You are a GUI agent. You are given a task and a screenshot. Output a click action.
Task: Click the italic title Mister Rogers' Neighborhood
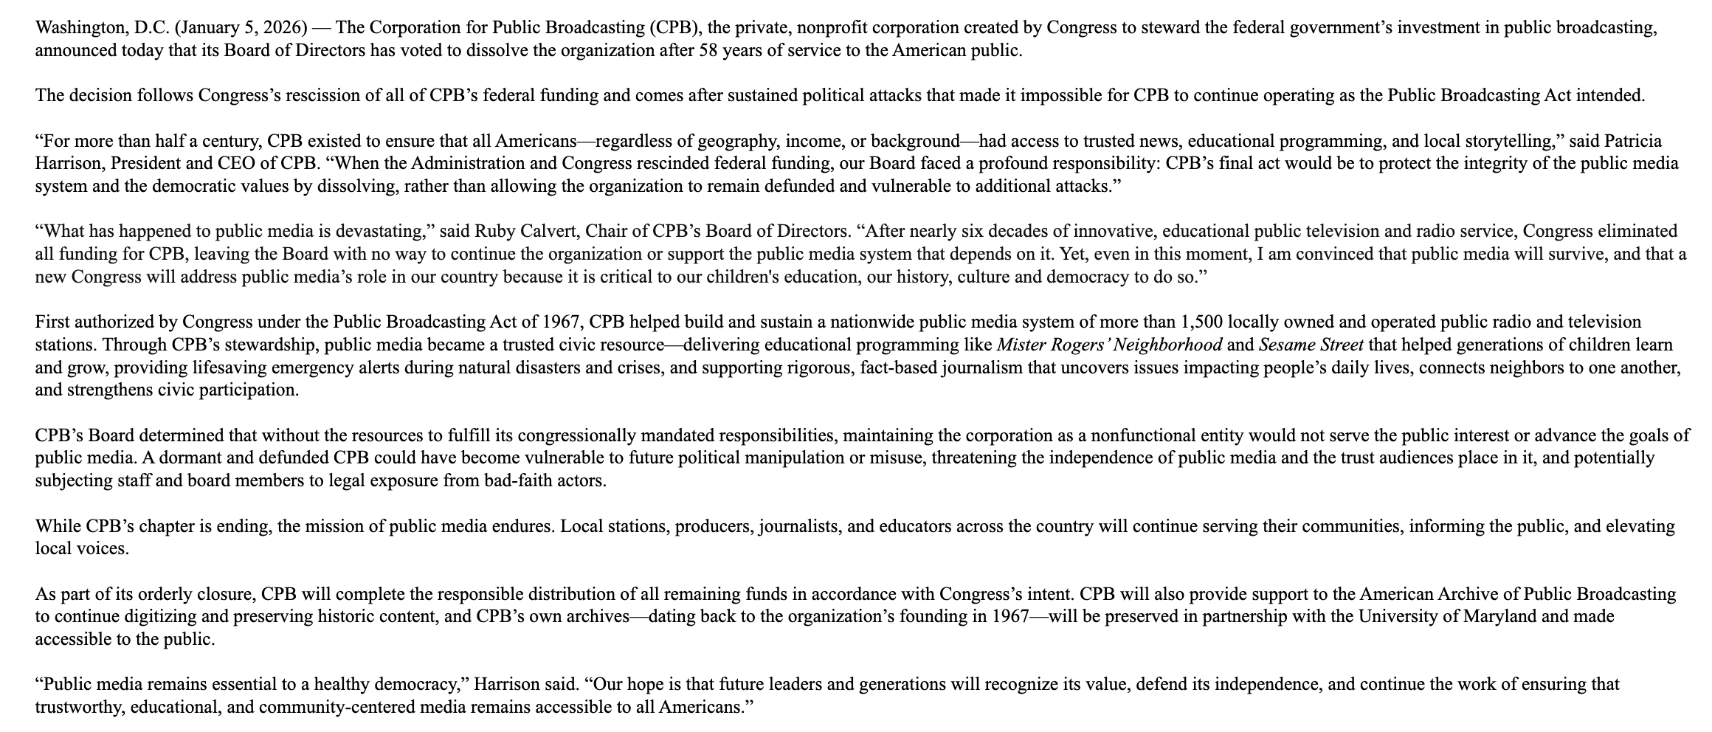pos(1109,345)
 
